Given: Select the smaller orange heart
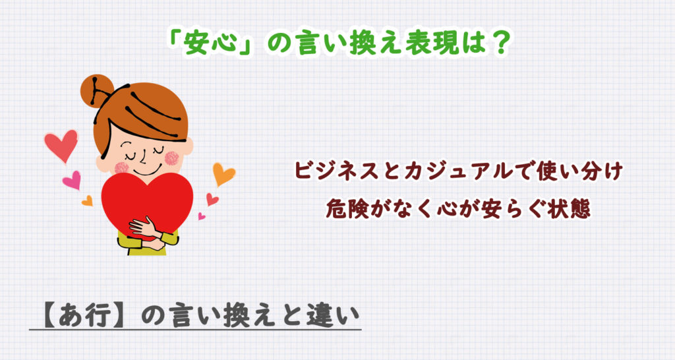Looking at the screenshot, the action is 88,201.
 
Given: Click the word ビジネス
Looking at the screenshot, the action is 336,171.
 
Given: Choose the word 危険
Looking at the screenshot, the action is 347,209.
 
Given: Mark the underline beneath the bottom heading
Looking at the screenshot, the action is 195,330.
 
